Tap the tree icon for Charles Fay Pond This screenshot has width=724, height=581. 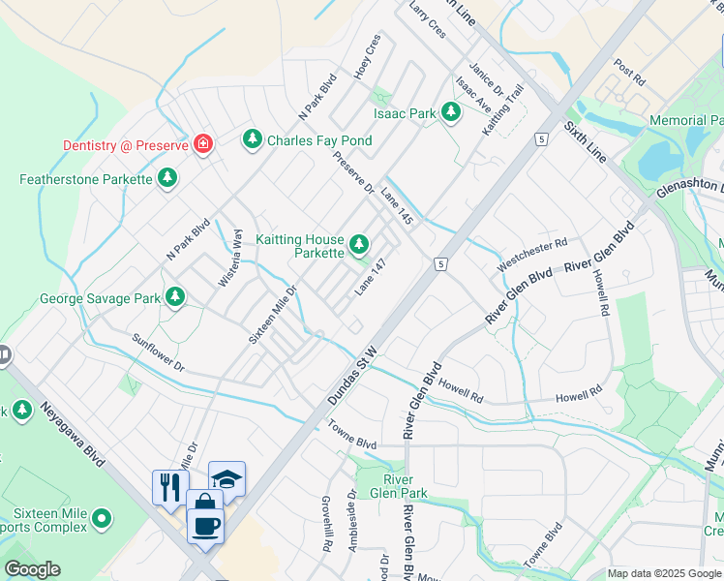(x=253, y=140)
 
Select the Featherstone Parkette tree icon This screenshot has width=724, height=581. (x=168, y=179)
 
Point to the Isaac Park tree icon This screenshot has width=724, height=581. (x=450, y=113)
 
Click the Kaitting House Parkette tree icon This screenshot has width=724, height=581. (x=360, y=244)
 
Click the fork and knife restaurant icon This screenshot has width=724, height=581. (x=168, y=485)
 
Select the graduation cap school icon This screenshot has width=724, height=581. (x=226, y=478)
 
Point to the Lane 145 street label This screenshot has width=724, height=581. (x=398, y=206)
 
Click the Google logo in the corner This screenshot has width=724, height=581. (x=33, y=569)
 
